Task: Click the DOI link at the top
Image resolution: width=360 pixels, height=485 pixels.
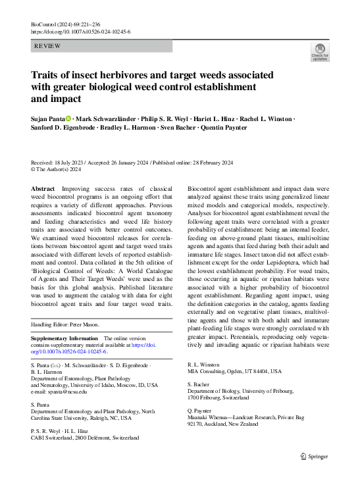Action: point(80,32)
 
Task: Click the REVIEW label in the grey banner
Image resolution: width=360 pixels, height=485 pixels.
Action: point(49,46)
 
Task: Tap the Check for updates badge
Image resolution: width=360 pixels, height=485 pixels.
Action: point(320,52)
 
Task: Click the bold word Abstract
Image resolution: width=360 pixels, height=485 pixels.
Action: point(43,188)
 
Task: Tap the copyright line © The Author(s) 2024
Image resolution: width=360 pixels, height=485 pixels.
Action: point(57,169)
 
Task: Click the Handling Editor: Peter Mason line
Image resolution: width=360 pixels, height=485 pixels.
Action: point(69,325)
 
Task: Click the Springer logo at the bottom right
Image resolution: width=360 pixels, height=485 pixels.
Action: point(315,455)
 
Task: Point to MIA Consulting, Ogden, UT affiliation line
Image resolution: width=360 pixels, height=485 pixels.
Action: point(241,371)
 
